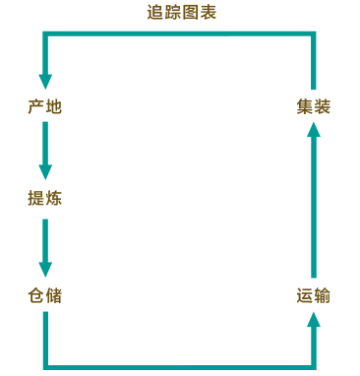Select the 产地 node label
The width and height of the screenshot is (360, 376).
click(45, 106)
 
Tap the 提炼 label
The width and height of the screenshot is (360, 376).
click(45, 198)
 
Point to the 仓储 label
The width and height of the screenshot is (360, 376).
click(45, 294)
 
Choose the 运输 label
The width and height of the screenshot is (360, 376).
click(313, 294)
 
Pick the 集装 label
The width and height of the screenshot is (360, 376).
click(313, 106)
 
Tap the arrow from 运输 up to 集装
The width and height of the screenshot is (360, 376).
click(313, 202)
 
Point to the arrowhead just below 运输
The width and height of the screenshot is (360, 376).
click(313, 319)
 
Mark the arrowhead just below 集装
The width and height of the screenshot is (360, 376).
click(313, 132)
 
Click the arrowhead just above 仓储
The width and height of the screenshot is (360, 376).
click(45, 269)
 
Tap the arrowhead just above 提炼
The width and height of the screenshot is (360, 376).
click(45, 172)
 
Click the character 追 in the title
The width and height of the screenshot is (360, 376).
click(154, 13)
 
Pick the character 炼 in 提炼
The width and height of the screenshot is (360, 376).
click(53, 198)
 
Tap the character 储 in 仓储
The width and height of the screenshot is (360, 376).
click(53, 294)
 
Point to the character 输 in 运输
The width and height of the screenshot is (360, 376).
click(322, 294)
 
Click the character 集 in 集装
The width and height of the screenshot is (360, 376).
click(305, 106)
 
